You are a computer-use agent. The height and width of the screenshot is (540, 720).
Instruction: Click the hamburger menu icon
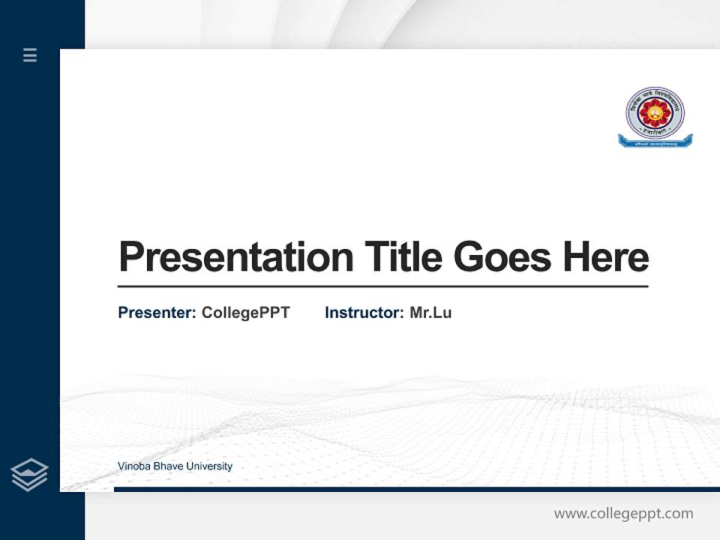point(30,55)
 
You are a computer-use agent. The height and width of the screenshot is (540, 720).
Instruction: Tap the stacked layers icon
point(29,475)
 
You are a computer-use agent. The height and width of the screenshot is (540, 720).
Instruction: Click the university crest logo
point(655,112)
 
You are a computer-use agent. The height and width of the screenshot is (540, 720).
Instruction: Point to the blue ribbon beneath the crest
point(655,140)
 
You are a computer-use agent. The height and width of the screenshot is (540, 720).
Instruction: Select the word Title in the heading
point(403,257)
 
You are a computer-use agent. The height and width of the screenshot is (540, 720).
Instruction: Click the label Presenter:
point(157,313)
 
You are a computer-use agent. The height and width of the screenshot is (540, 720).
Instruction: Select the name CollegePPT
point(245,313)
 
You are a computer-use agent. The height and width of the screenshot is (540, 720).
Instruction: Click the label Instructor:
point(364,313)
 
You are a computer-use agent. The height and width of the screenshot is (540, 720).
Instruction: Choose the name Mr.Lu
point(430,313)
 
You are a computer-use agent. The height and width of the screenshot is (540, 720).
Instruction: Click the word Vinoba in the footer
point(133,466)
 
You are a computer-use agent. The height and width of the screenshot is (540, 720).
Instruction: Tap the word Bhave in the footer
point(168,466)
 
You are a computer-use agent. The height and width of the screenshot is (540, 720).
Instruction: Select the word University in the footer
point(209,466)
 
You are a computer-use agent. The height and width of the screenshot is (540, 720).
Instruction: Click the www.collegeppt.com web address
point(623,514)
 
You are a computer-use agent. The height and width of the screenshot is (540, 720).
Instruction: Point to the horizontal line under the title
point(382,286)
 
